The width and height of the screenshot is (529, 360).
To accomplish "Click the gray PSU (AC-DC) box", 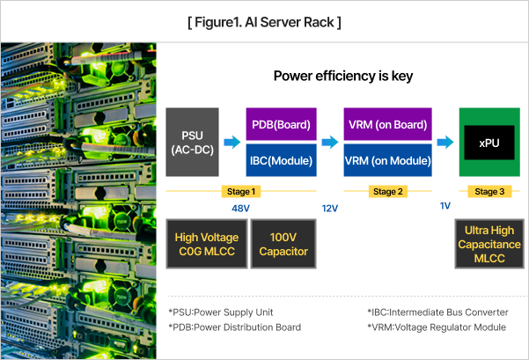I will (192, 142).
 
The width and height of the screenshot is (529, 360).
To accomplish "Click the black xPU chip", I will (489, 142).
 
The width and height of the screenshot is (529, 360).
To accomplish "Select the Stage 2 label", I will (388, 191).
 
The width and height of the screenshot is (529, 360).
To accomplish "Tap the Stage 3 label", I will (490, 191).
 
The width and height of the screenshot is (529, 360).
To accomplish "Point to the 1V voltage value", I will (445, 206).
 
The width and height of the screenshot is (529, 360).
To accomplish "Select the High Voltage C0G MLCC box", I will (205, 244).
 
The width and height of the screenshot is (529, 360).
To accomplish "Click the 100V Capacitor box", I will (283, 244).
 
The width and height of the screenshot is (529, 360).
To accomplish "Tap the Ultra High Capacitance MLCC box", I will (489, 244).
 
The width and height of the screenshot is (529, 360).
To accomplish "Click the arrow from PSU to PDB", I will (232, 141).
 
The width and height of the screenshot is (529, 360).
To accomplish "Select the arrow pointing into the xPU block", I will (445, 141).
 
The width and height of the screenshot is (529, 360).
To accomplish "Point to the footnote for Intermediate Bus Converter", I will (437, 312).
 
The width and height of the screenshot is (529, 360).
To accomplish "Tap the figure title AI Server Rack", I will (264, 20).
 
